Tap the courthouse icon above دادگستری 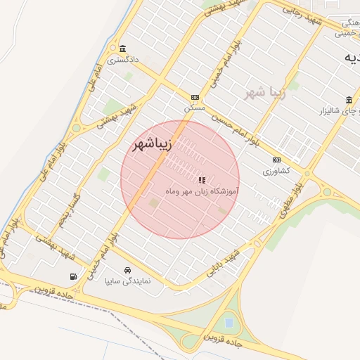tap(123, 49)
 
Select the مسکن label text tap(195, 109)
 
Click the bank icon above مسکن tap(195, 97)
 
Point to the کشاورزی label tap(276, 171)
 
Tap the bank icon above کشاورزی tap(276, 160)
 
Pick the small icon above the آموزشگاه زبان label tap(202, 180)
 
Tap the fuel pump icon tap(74, 276)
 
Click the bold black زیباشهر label tap(152, 146)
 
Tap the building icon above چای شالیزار tap(349, 99)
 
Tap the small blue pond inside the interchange tap(229, 323)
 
